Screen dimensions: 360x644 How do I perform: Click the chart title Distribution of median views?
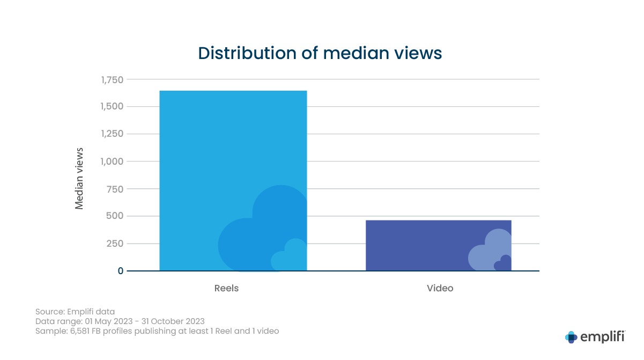(320, 53)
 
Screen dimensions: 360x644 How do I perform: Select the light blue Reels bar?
(233, 161)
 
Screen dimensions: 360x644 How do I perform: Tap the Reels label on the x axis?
(226, 288)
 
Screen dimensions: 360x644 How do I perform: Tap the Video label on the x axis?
(440, 288)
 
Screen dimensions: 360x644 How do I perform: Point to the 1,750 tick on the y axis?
(112, 80)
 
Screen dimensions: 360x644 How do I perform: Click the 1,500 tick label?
(112, 107)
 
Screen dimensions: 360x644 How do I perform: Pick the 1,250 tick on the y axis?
(112, 134)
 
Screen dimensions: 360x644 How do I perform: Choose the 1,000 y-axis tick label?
(112, 161)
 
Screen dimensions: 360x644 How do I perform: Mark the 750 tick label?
(115, 189)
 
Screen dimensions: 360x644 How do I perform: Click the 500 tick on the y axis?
(115, 216)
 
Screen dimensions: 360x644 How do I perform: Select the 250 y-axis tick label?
(115, 244)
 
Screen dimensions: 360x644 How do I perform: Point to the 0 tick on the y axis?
(121, 271)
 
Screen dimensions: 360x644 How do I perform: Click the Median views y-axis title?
(79, 178)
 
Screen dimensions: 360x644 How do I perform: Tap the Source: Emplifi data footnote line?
(75, 311)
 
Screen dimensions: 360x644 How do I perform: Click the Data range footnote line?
(120, 321)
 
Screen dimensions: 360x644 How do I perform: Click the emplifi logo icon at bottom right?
(571, 337)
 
